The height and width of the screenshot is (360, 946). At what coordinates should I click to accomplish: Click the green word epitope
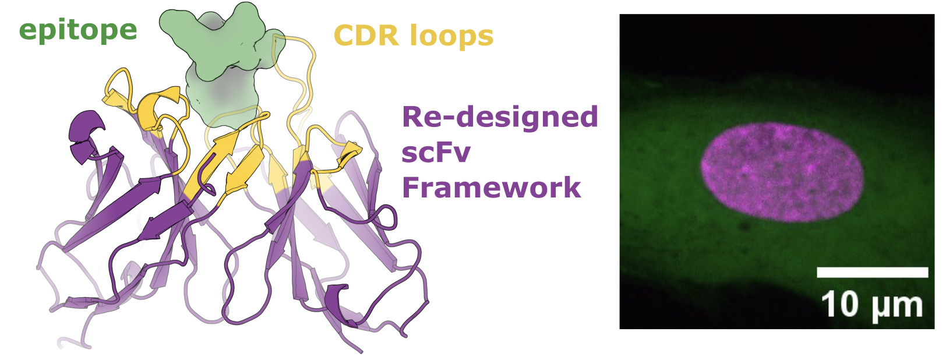tap(78, 31)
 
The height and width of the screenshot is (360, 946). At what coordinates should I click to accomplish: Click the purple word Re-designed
tap(500, 117)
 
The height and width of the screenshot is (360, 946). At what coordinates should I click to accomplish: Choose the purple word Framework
tap(491, 188)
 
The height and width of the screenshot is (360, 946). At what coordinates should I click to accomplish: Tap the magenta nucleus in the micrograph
tap(781, 172)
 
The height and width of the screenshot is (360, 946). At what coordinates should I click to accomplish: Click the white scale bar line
tap(872, 272)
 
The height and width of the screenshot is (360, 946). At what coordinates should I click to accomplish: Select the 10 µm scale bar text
tap(872, 305)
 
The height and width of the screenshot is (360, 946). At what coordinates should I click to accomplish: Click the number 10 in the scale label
tap(840, 304)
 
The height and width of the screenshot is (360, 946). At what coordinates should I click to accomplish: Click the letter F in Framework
tap(411, 188)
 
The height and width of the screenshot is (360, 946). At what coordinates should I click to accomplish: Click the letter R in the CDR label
tap(390, 36)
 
